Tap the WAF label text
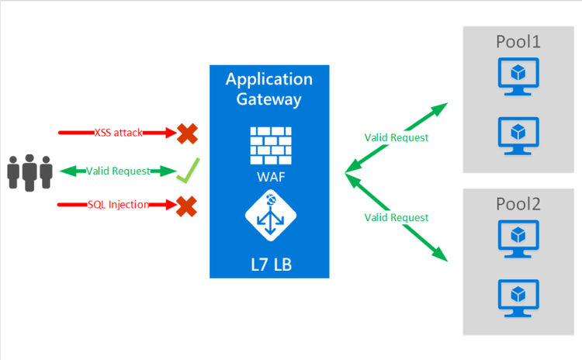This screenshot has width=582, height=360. coord(268,176)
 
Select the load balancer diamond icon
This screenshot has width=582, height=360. coord(269,218)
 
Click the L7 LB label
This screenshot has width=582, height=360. coord(268,265)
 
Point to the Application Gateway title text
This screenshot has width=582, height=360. coord(269,89)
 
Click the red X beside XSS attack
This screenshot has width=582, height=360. coord(187,133)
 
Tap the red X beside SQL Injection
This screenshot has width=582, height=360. coord(187,206)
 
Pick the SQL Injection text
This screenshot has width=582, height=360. coord(118,205)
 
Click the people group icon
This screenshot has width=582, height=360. coord(29,171)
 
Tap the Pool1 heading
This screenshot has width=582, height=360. coord(518,42)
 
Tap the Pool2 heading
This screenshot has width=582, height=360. coord(518,204)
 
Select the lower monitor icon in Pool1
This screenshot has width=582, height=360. coord(518,133)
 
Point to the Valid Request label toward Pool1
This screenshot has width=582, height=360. coord(397,138)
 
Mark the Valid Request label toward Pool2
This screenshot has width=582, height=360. coord(397,218)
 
